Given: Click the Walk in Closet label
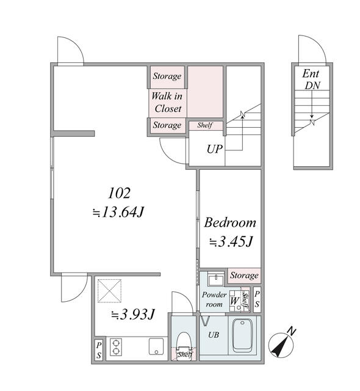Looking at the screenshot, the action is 167,102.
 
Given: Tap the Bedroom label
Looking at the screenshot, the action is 230,222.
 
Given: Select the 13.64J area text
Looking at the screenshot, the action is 118,212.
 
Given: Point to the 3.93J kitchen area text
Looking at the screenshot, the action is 133,314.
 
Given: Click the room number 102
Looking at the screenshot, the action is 119,193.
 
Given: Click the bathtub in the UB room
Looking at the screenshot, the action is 242,335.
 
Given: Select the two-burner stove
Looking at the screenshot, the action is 116,347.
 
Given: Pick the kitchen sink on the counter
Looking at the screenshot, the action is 156,346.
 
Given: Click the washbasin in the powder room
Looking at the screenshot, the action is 217,280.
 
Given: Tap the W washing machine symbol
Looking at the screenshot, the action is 235,301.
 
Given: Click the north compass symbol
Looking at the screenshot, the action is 281,343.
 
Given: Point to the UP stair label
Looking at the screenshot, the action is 214,149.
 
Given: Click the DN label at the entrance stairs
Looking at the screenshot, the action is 312,86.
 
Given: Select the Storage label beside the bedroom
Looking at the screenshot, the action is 244,276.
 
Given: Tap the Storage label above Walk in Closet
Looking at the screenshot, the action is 167,76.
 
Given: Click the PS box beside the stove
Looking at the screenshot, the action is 99,350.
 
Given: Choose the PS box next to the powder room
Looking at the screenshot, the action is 257,299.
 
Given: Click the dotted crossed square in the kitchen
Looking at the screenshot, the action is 109,291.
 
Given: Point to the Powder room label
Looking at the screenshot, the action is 214,299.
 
